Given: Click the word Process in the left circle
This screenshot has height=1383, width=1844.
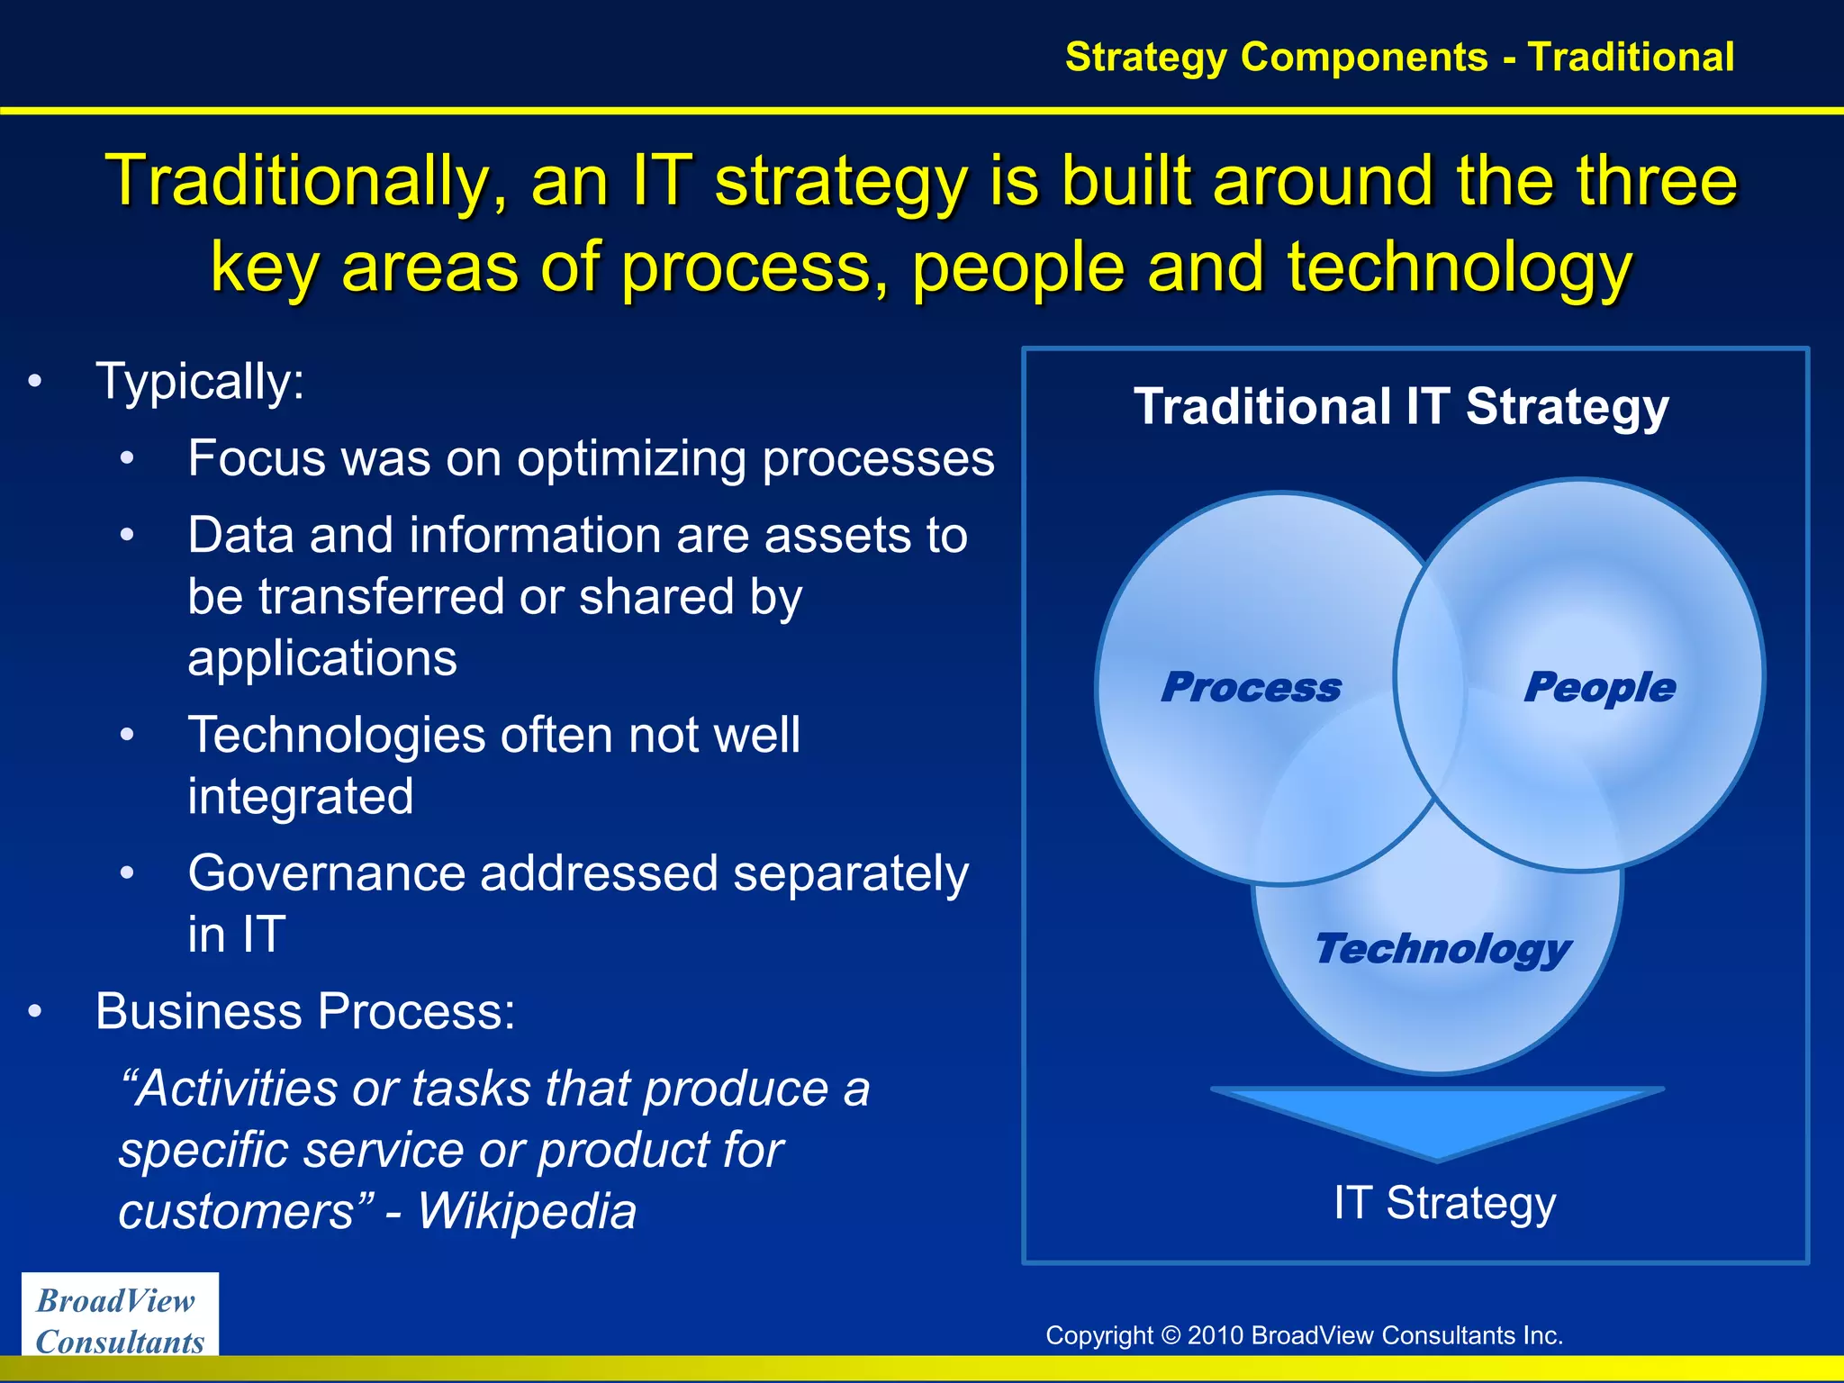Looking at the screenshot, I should click(1251, 688).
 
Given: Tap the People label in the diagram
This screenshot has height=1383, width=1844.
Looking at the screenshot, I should click(1599, 688).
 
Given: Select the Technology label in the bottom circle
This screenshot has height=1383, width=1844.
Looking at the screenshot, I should click(1442, 949).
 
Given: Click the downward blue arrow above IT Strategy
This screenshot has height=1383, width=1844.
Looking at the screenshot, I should click(1437, 1121).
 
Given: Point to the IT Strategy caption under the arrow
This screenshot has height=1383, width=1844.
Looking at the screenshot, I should click(1444, 1203).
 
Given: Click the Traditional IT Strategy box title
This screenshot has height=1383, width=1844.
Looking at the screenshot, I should click(1401, 407).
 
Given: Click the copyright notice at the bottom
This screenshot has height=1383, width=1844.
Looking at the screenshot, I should click(1304, 1335).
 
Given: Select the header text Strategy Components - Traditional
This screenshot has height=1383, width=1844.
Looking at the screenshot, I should click(1399, 57).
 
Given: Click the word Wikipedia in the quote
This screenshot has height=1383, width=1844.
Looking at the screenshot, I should click(527, 1211).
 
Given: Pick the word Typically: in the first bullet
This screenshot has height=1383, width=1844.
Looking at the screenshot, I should click(200, 382).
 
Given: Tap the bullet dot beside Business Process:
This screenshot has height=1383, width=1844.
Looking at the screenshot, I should click(35, 1012).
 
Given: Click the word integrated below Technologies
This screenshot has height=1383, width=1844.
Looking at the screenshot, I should click(301, 797).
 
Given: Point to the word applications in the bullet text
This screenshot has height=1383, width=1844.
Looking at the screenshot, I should click(322, 658).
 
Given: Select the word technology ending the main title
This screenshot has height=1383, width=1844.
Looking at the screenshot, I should click(1460, 268).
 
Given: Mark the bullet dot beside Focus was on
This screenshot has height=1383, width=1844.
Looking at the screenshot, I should click(128, 459).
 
